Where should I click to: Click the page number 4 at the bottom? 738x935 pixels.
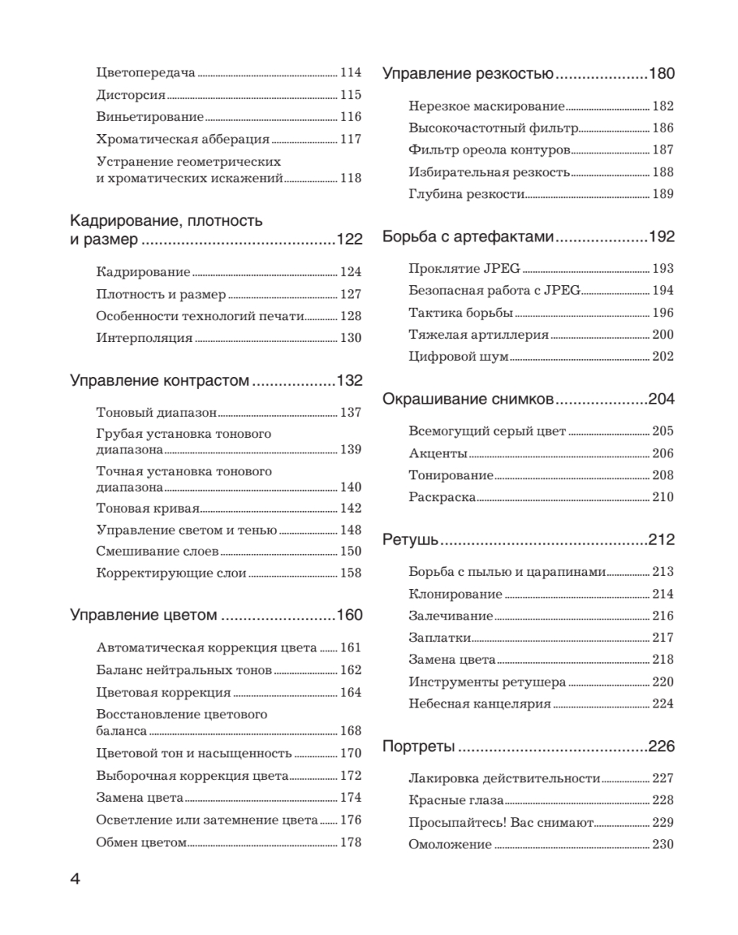(x=76, y=879)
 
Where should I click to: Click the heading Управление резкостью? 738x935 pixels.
(x=468, y=75)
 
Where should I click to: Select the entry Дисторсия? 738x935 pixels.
(x=131, y=95)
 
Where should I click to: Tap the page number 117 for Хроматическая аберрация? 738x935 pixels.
(x=351, y=139)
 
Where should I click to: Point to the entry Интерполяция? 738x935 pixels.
(x=144, y=338)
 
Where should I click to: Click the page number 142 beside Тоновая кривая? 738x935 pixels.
(x=351, y=509)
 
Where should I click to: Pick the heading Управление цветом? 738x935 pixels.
(x=143, y=616)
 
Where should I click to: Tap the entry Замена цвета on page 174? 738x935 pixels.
(x=140, y=799)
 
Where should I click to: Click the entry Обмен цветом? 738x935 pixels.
(x=142, y=842)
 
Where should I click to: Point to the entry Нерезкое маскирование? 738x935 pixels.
(x=486, y=107)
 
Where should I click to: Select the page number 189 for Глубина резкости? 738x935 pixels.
(x=662, y=194)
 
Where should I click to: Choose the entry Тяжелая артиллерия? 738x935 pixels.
(x=478, y=335)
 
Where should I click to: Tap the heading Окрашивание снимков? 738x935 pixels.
(x=468, y=400)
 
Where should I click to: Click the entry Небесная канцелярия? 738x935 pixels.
(x=479, y=704)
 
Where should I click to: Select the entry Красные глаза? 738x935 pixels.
(x=456, y=801)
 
